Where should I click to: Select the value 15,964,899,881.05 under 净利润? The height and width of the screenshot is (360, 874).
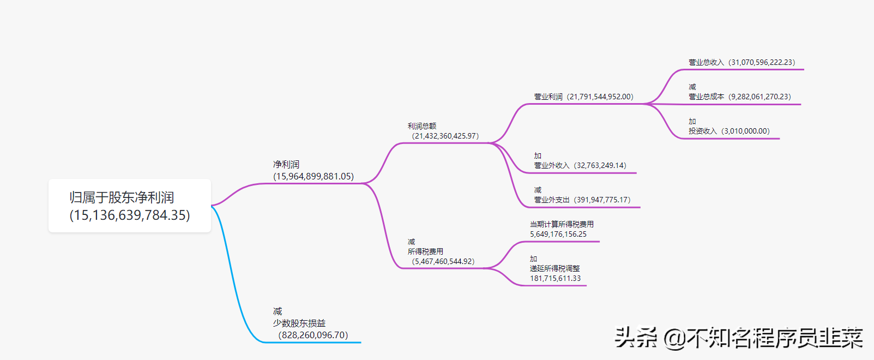(314, 176)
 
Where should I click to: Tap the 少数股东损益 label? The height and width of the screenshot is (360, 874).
(299, 323)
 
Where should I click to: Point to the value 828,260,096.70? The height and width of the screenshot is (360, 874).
(313, 335)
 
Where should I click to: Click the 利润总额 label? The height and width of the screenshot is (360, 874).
(421, 126)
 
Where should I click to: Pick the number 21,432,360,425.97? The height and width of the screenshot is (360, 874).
(445, 136)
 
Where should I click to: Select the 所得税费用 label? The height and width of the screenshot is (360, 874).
(425, 251)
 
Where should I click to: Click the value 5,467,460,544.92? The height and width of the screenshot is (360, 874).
(443, 261)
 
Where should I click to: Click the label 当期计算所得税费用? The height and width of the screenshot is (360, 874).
(562, 224)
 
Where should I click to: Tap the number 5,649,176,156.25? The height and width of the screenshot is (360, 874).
(558, 234)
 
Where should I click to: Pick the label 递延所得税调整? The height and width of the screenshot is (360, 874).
(554, 268)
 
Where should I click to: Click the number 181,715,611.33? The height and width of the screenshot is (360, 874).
(555, 278)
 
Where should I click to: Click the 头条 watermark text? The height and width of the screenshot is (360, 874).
(636, 338)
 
